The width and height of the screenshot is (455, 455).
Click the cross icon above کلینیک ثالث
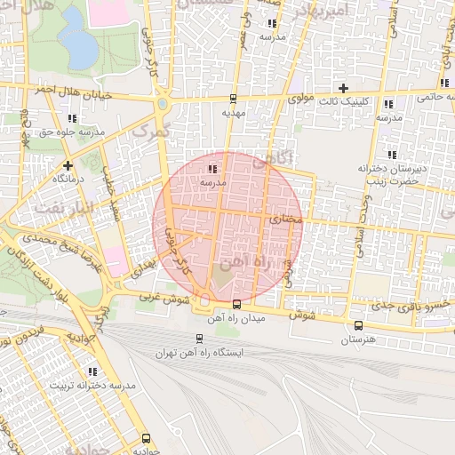(343, 87)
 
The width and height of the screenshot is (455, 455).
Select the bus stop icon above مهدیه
(233, 100)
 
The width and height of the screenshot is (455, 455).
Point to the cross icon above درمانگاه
(68, 165)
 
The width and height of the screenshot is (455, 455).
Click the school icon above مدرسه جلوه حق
(72, 118)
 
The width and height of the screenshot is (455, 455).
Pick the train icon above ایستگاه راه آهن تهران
(199, 338)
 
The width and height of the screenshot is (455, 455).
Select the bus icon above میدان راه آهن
(235, 305)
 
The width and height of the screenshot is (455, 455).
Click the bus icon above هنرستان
(358, 325)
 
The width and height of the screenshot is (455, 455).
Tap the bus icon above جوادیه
(146, 438)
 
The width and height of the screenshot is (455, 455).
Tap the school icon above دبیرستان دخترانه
(393, 155)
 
